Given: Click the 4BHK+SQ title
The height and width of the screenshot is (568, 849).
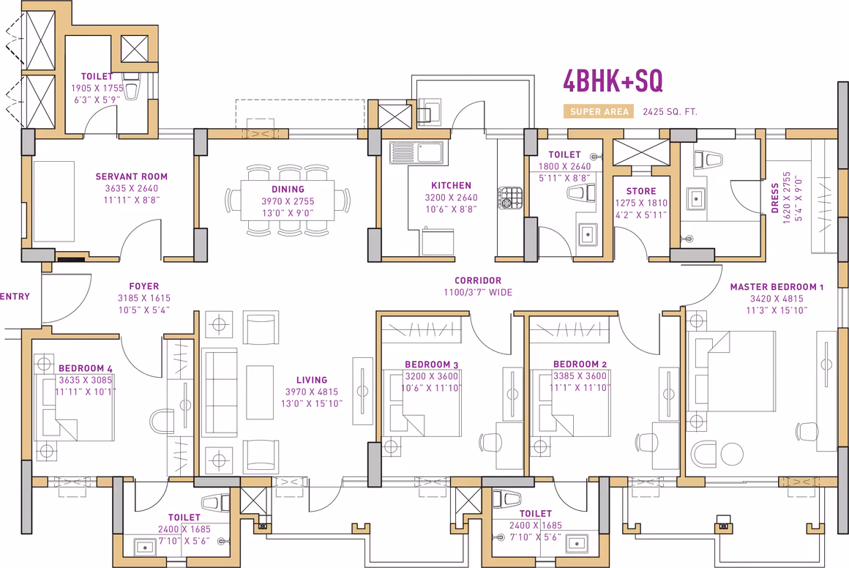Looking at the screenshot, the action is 613,81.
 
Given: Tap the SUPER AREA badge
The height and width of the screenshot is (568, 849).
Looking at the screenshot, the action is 599,111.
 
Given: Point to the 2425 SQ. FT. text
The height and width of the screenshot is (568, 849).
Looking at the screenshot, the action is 670,112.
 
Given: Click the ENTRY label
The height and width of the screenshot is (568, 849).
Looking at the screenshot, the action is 15,296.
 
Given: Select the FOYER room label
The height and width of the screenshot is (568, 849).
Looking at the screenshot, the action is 144,286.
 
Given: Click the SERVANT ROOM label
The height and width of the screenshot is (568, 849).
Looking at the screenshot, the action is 132,176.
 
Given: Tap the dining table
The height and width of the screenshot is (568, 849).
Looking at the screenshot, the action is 288,201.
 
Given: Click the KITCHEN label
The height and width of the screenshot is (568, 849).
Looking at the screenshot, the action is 451,185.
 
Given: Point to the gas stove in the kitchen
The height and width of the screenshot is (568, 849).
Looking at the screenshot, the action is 510,198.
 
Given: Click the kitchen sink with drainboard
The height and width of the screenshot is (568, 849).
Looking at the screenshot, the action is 416,153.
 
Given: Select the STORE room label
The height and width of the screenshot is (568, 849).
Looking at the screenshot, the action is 641,191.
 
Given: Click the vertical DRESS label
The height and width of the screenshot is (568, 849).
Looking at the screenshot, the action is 775,198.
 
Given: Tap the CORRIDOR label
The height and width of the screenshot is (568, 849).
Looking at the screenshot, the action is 478,280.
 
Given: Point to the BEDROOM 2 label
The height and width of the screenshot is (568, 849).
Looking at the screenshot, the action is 580,365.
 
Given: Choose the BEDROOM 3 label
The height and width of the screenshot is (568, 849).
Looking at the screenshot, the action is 432,365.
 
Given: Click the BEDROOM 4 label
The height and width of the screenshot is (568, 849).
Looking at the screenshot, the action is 86,368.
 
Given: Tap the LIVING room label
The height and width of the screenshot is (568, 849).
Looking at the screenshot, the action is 312,380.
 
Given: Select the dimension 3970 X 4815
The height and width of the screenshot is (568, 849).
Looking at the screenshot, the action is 312,392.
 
